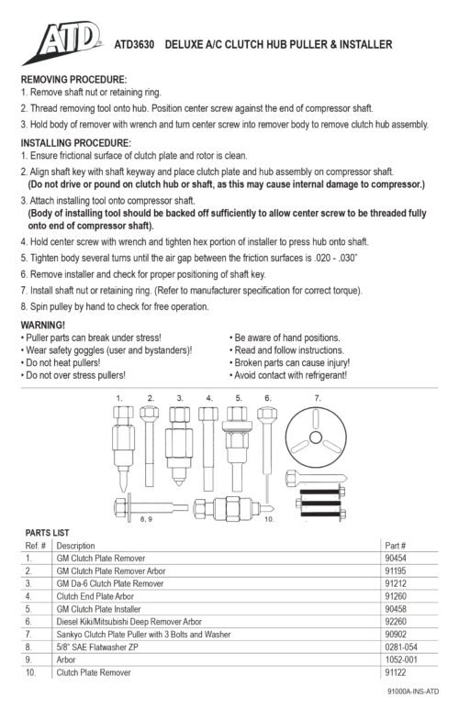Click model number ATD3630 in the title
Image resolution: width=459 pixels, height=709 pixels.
click(135, 44)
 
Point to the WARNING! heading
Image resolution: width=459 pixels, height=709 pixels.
click(42, 326)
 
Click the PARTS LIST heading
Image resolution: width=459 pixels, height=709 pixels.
click(47, 532)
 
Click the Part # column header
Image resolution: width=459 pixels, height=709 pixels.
click(395, 544)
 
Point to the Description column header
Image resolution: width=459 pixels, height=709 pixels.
click(76, 544)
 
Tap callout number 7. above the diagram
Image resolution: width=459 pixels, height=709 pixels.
click(318, 397)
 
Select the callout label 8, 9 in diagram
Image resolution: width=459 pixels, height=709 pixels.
click(146, 520)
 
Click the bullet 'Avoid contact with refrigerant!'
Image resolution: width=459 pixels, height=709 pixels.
click(292, 376)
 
